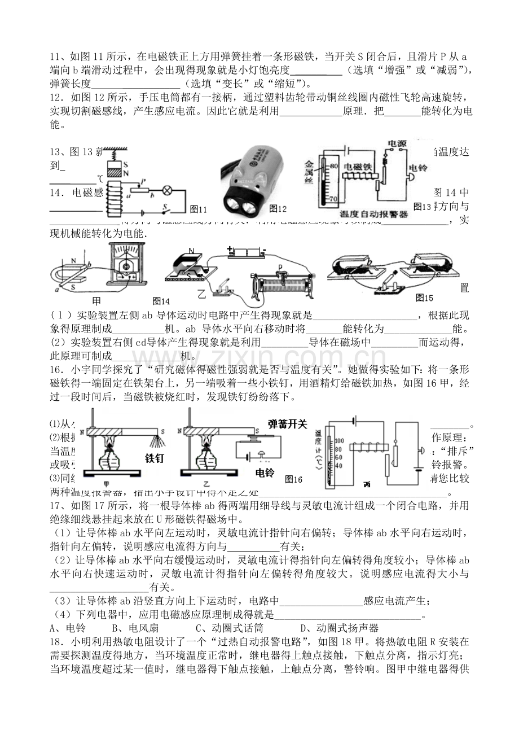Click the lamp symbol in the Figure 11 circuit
[x=167, y=189]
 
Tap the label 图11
[x=199, y=209]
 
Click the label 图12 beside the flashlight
[x=278, y=209]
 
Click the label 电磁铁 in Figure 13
[x=355, y=166]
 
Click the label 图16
[x=294, y=479]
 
